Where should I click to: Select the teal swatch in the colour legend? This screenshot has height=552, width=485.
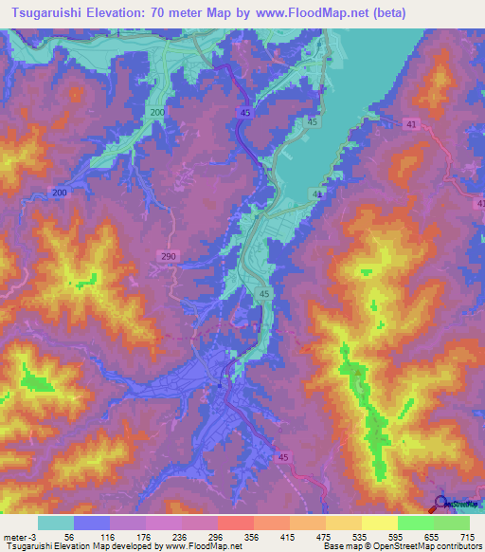56,523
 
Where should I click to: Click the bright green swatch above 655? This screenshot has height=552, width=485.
415,523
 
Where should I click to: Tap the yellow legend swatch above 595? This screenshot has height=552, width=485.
379,523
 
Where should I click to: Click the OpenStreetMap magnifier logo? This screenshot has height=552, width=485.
440,504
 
